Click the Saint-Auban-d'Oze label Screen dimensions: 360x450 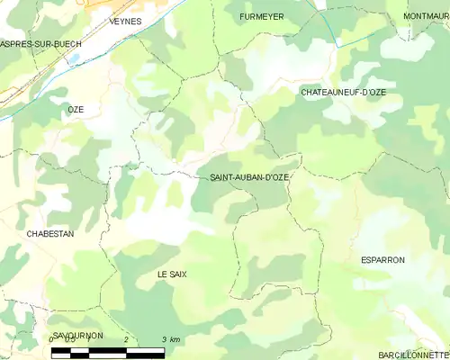[249, 178]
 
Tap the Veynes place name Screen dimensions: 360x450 [125, 21]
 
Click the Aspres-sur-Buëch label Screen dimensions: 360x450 [40, 43]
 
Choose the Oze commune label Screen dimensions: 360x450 [76, 109]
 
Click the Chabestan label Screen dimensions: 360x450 [50, 233]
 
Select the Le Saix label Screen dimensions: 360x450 [172, 274]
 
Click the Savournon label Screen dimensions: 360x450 [78, 336]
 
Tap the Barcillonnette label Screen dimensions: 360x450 [413, 355]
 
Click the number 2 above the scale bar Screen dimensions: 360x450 [127, 339]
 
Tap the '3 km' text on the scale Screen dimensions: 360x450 [170, 339]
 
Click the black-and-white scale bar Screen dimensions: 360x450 [108, 350]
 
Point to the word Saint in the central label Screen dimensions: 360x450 [223, 178]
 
